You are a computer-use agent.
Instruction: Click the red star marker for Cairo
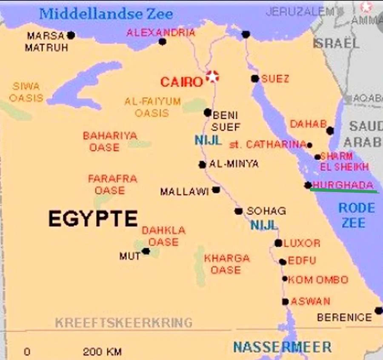(212, 77)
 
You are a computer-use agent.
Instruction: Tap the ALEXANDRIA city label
(161, 32)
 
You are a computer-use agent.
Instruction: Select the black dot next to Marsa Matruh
(71, 35)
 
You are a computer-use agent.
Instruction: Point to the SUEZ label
(275, 79)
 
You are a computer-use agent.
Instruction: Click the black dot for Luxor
(278, 243)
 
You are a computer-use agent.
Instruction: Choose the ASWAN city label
(310, 301)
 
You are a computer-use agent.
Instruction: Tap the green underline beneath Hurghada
(344, 191)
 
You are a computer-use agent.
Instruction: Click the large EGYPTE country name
(93, 219)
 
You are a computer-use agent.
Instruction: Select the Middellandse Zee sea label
(106, 14)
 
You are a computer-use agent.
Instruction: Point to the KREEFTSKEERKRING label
(124, 323)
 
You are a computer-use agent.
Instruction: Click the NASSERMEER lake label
(282, 347)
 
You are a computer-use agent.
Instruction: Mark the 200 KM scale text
(102, 352)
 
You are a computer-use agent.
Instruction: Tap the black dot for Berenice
(378, 311)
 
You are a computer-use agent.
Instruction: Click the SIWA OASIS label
(26, 92)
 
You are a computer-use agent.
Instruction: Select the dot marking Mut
(146, 251)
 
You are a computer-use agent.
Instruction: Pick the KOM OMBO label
(318, 280)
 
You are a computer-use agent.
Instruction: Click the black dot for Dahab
(330, 131)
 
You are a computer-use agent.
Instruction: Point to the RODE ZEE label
(356, 215)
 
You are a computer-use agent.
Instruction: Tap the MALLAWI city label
(184, 192)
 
